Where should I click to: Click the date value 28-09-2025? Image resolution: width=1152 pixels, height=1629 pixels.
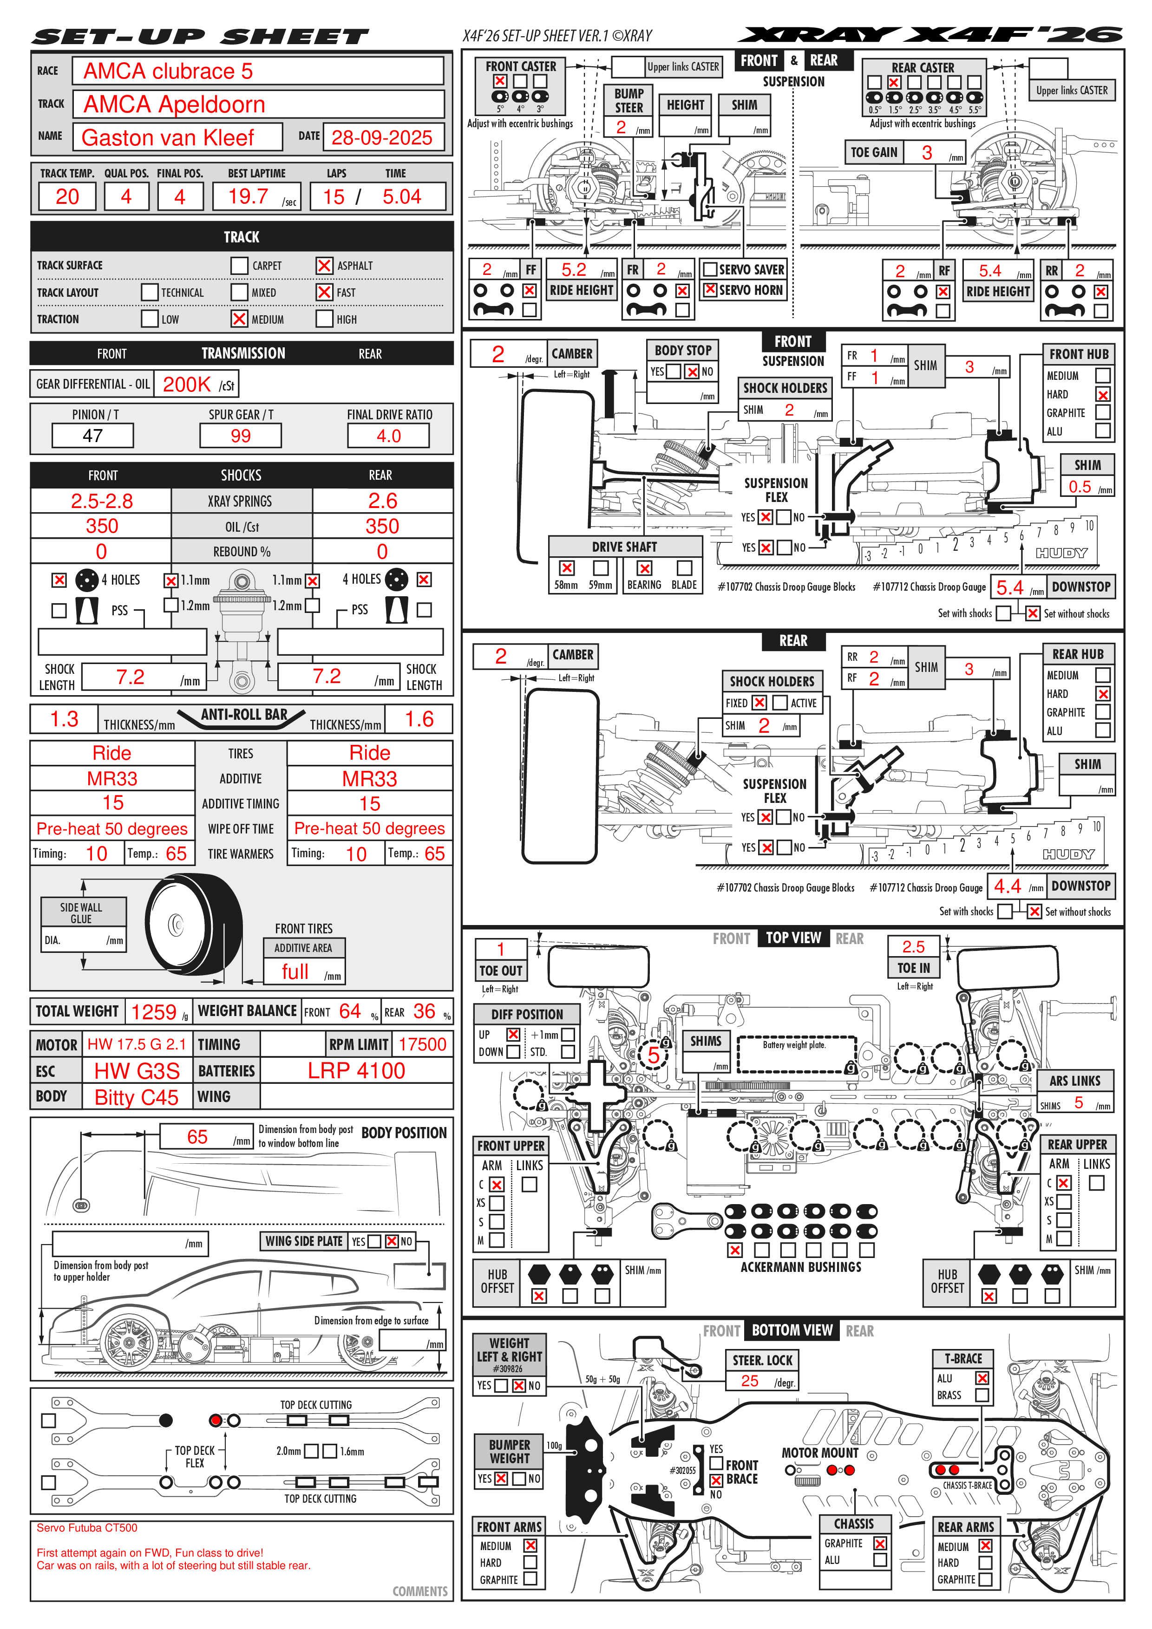coord(382,137)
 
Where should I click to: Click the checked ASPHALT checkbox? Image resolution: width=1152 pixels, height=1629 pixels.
coord(324,265)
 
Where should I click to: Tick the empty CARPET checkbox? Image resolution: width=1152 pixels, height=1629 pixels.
coord(239,265)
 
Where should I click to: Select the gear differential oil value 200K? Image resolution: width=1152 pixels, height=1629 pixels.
coord(187,384)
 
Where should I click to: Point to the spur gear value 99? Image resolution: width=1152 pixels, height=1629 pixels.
coord(241,436)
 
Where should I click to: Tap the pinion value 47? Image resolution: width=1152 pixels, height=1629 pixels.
coord(93,436)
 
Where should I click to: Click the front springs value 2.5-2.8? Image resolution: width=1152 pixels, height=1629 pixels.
coord(102,501)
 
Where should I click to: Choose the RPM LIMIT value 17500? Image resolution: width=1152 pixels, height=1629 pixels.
coord(422,1044)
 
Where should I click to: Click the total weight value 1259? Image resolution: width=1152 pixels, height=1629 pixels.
coord(153,1012)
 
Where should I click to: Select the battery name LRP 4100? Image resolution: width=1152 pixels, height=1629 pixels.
coord(356,1071)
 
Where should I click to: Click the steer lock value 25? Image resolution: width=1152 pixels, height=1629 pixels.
coord(750,1381)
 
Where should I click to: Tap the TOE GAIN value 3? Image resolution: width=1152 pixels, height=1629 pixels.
coord(927,152)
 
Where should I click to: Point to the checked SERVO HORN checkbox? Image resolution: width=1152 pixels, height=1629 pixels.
coord(710,289)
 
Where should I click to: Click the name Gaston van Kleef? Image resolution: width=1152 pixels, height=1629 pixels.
coord(168,137)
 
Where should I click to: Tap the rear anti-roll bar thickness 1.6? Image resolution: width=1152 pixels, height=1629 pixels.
coord(419,719)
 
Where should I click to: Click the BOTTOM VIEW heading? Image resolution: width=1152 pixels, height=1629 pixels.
coord(792,1330)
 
